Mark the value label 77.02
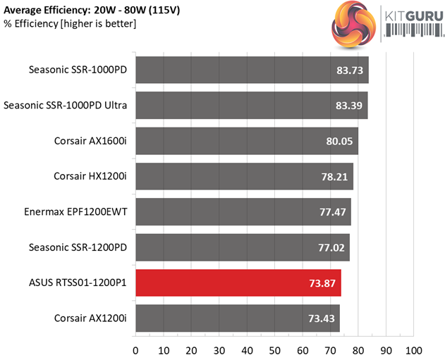tap(330, 247)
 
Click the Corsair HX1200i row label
tap(90, 176)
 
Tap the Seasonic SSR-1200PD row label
tap(78, 247)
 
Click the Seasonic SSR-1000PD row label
tap(78, 70)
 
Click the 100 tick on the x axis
tap(413, 349)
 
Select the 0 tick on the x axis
tap(135, 349)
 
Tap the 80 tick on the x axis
tap(358, 349)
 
